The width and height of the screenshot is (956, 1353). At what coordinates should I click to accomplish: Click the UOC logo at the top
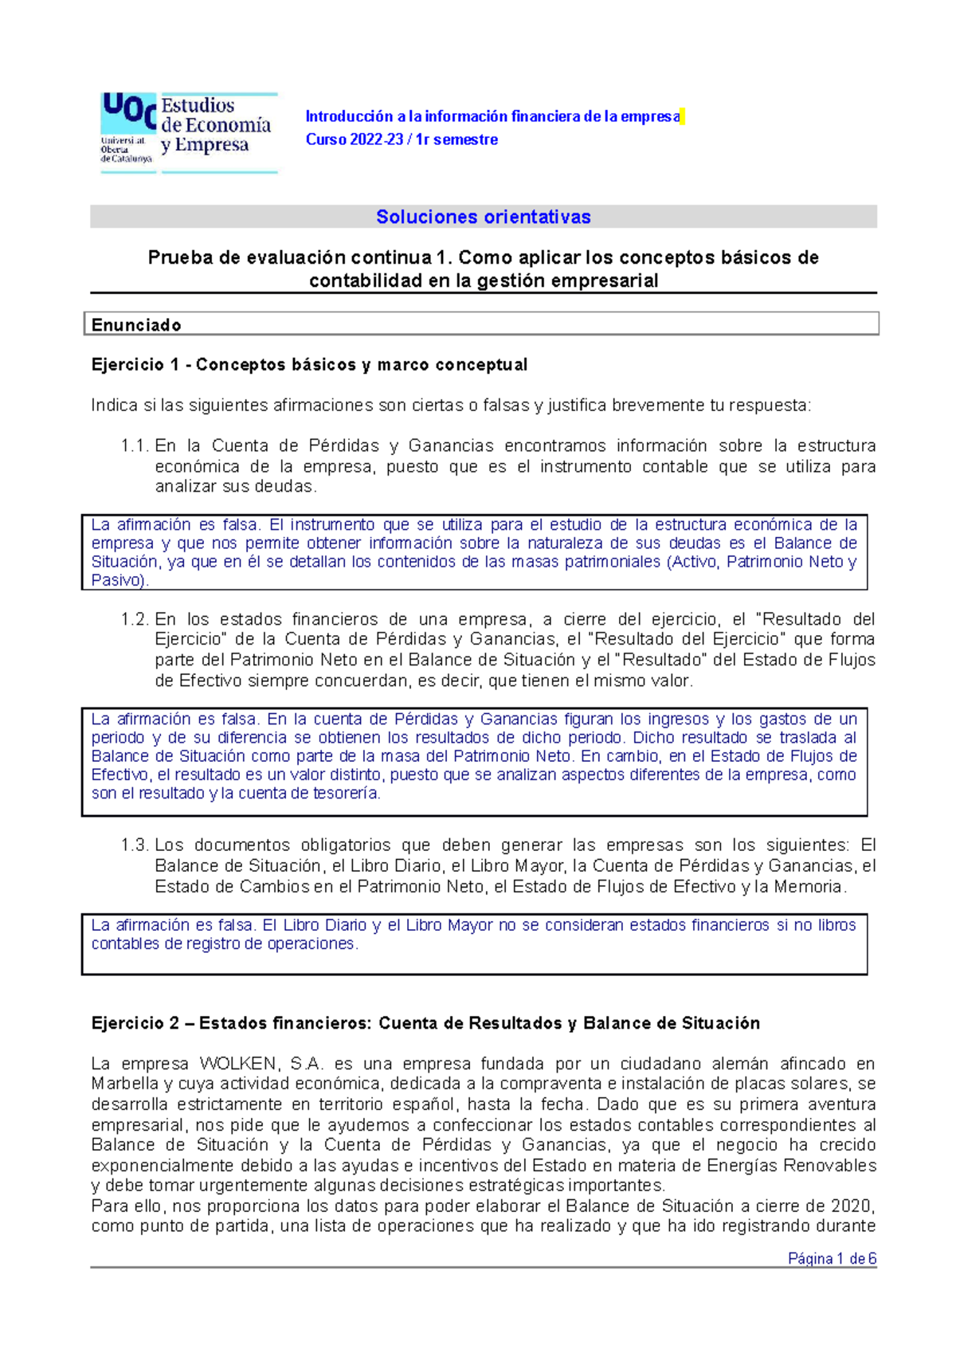(x=188, y=131)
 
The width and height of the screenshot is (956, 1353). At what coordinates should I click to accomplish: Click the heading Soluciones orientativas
(x=483, y=217)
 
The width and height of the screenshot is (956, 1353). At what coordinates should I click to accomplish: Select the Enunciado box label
(x=136, y=325)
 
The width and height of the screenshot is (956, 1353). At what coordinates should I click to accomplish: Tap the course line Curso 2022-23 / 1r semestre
(x=402, y=139)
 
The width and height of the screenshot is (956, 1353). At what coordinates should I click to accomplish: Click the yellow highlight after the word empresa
(x=683, y=116)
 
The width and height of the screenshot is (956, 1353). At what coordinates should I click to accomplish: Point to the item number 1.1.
(x=135, y=446)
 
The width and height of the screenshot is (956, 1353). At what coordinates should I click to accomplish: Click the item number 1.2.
(x=135, y=619)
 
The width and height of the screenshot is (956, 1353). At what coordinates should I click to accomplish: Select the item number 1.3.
(x=135, y=845)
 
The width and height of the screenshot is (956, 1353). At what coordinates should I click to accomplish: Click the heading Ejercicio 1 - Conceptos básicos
(x=309, y=365)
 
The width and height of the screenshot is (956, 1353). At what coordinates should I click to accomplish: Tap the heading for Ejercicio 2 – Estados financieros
(x=425, y=1023)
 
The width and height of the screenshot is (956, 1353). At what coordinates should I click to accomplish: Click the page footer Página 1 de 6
(x=832, y=1259)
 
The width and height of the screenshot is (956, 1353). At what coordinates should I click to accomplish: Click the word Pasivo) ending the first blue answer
(x=119, y=581)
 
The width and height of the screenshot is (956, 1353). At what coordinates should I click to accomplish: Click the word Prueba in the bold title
(x=180, y=258)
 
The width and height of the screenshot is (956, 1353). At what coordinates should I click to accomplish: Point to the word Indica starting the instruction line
(x=114, y=406)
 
